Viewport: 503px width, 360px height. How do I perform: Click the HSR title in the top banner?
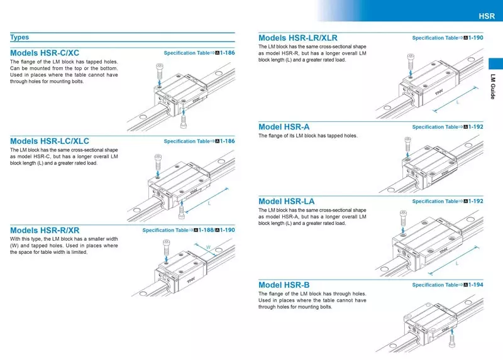pos(487,16)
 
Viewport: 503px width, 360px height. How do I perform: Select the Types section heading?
pos(19,38)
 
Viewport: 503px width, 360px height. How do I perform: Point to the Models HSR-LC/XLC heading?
pos(50,141)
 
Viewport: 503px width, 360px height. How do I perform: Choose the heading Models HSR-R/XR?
pos(45,231)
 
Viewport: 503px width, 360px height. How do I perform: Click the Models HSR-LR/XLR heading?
pos(298,38)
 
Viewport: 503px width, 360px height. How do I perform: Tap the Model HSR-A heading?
pos(284,127)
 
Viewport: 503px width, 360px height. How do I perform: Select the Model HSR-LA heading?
pos(287,201)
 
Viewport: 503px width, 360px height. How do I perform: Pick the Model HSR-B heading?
pos(284,285)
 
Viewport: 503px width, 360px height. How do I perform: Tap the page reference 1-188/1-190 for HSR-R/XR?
pos(214,231)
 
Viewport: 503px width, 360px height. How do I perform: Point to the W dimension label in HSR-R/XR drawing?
pos(207,248)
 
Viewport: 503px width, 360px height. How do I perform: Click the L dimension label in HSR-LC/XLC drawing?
pos(208,204)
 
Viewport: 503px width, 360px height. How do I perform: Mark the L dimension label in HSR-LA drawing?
pos(456,264)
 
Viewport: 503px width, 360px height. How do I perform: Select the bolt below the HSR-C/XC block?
pos(183,119)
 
